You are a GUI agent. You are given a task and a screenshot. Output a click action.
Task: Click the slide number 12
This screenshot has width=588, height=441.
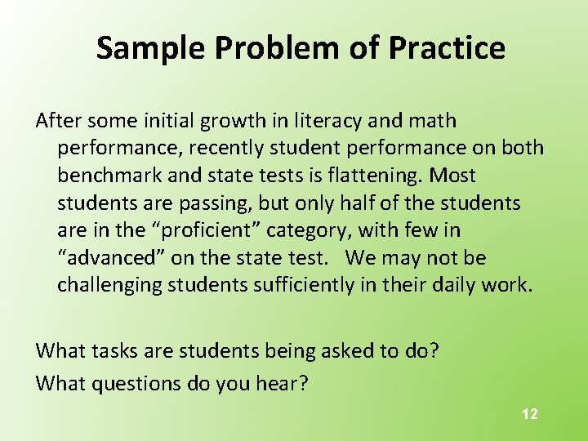click(530, 414)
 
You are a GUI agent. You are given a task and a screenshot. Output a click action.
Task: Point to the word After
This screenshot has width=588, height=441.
click(60, 121)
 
